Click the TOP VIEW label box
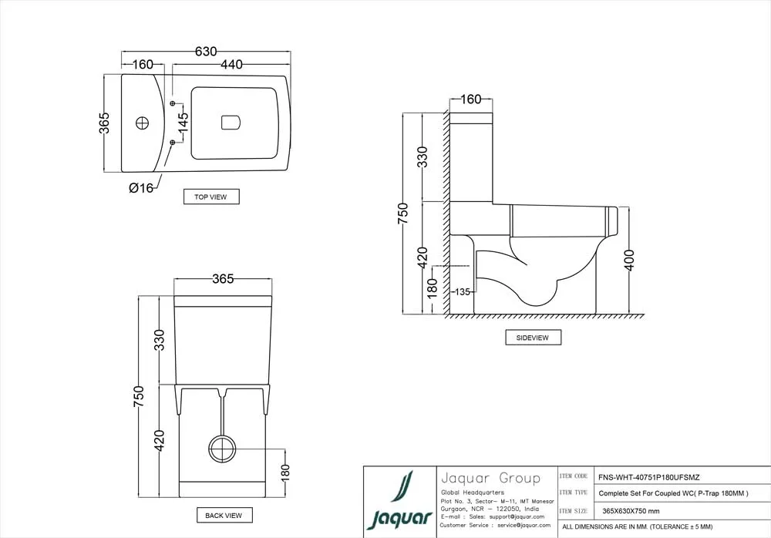(210, 197)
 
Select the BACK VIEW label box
(224, 515)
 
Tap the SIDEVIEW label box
(533, 338)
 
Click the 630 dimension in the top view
(205, 52)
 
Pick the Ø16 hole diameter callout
(141, 187)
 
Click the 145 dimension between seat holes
(183, 123)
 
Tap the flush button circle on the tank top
(142, 123)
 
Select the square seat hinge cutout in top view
(231, 123)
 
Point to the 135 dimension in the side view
(462, 291)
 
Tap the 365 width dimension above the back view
(222, 279)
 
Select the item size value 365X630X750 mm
(631, 511)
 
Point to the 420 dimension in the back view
(160, 439)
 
